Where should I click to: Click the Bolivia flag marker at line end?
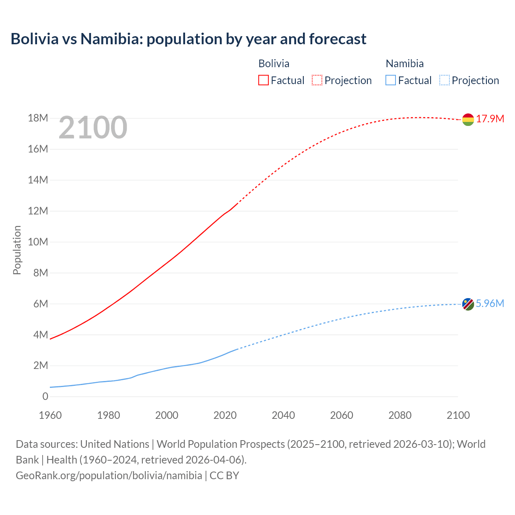(468, 119)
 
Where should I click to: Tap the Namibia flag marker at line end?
(468, 304)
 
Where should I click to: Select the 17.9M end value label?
(490, 119)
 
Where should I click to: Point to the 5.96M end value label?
(490, 303)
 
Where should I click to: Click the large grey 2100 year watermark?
(93, 128)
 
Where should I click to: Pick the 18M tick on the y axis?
(38, 118)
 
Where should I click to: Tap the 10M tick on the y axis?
(38, 242)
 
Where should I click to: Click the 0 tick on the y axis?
(45, 397)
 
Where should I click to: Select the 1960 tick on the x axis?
(50, 415)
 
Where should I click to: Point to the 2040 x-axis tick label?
(283, 415)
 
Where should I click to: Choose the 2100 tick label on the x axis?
(458, 415)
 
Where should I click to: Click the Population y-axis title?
(17, 250)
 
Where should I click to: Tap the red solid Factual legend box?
(264, 80)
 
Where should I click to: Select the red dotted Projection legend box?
(317, 80)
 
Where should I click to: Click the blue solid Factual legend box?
(391, 80)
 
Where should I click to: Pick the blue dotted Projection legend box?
(444, 80)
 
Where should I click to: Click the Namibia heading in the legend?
(404, 64)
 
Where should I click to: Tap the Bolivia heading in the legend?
(274, 64)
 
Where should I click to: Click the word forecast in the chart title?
(338, 39)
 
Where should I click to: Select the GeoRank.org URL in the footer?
(109, 476)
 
